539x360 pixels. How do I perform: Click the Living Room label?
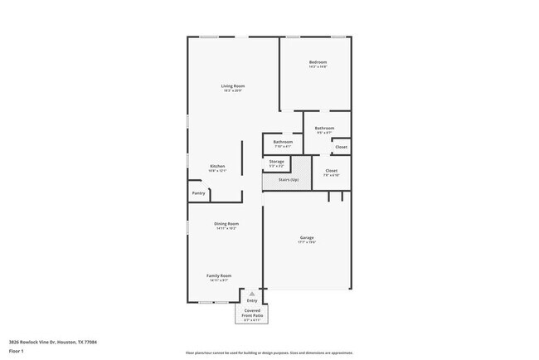232,86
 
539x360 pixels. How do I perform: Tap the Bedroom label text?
318,62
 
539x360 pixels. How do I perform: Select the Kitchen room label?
217,166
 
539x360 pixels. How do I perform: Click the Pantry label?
198,193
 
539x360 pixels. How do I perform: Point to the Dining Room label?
226,223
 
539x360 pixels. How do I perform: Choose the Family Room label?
219,275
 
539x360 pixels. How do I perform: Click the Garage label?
307,238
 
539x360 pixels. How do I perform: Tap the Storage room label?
276,161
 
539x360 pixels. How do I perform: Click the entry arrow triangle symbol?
252,294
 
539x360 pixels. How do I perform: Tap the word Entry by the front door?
252,300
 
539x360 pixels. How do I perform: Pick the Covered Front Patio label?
252,313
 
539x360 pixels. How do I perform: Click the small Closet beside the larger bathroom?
341,147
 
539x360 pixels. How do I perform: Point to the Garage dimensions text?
307,243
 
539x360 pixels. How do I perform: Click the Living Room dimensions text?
232,91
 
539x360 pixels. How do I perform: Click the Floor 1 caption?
16,351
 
